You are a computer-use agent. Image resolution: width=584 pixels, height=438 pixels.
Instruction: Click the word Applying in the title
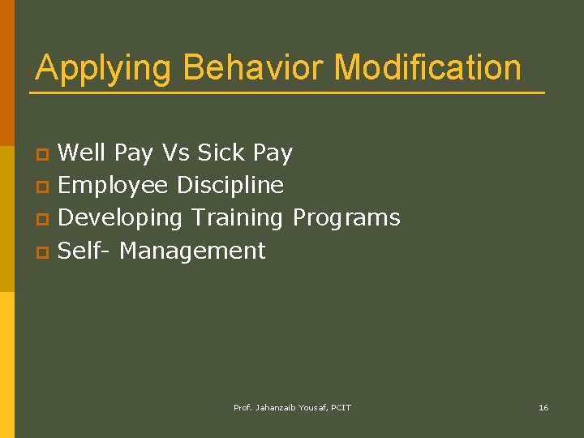point(104,68)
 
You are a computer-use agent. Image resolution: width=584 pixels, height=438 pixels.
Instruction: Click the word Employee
point(114,186)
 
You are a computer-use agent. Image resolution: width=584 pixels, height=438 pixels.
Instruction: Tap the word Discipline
point(230,185)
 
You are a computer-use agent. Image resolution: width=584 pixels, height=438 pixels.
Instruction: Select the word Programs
point(346,218)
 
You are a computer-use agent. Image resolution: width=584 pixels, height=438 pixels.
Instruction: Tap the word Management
point(192,251)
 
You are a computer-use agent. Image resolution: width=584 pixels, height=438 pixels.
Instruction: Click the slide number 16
point(543,407)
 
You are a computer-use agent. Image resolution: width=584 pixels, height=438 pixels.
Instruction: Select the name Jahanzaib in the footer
point(279,407)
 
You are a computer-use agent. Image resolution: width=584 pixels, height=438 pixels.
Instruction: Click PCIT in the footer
point(341,407)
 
